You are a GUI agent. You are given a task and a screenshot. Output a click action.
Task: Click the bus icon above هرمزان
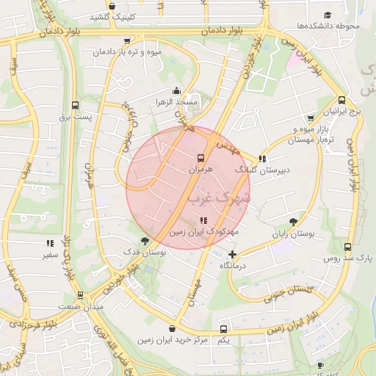(x=200, y=157)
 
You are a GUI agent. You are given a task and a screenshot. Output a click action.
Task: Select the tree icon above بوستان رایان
(x=294, y=220)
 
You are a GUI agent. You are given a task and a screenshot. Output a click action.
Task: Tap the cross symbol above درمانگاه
(x=233, y=254)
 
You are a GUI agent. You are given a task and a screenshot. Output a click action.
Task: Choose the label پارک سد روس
(x=349, y=259)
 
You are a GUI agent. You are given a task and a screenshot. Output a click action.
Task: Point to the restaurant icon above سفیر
(x=50, y=243)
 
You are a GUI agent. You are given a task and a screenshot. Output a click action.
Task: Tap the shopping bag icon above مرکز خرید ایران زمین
(x=172, y=329)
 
